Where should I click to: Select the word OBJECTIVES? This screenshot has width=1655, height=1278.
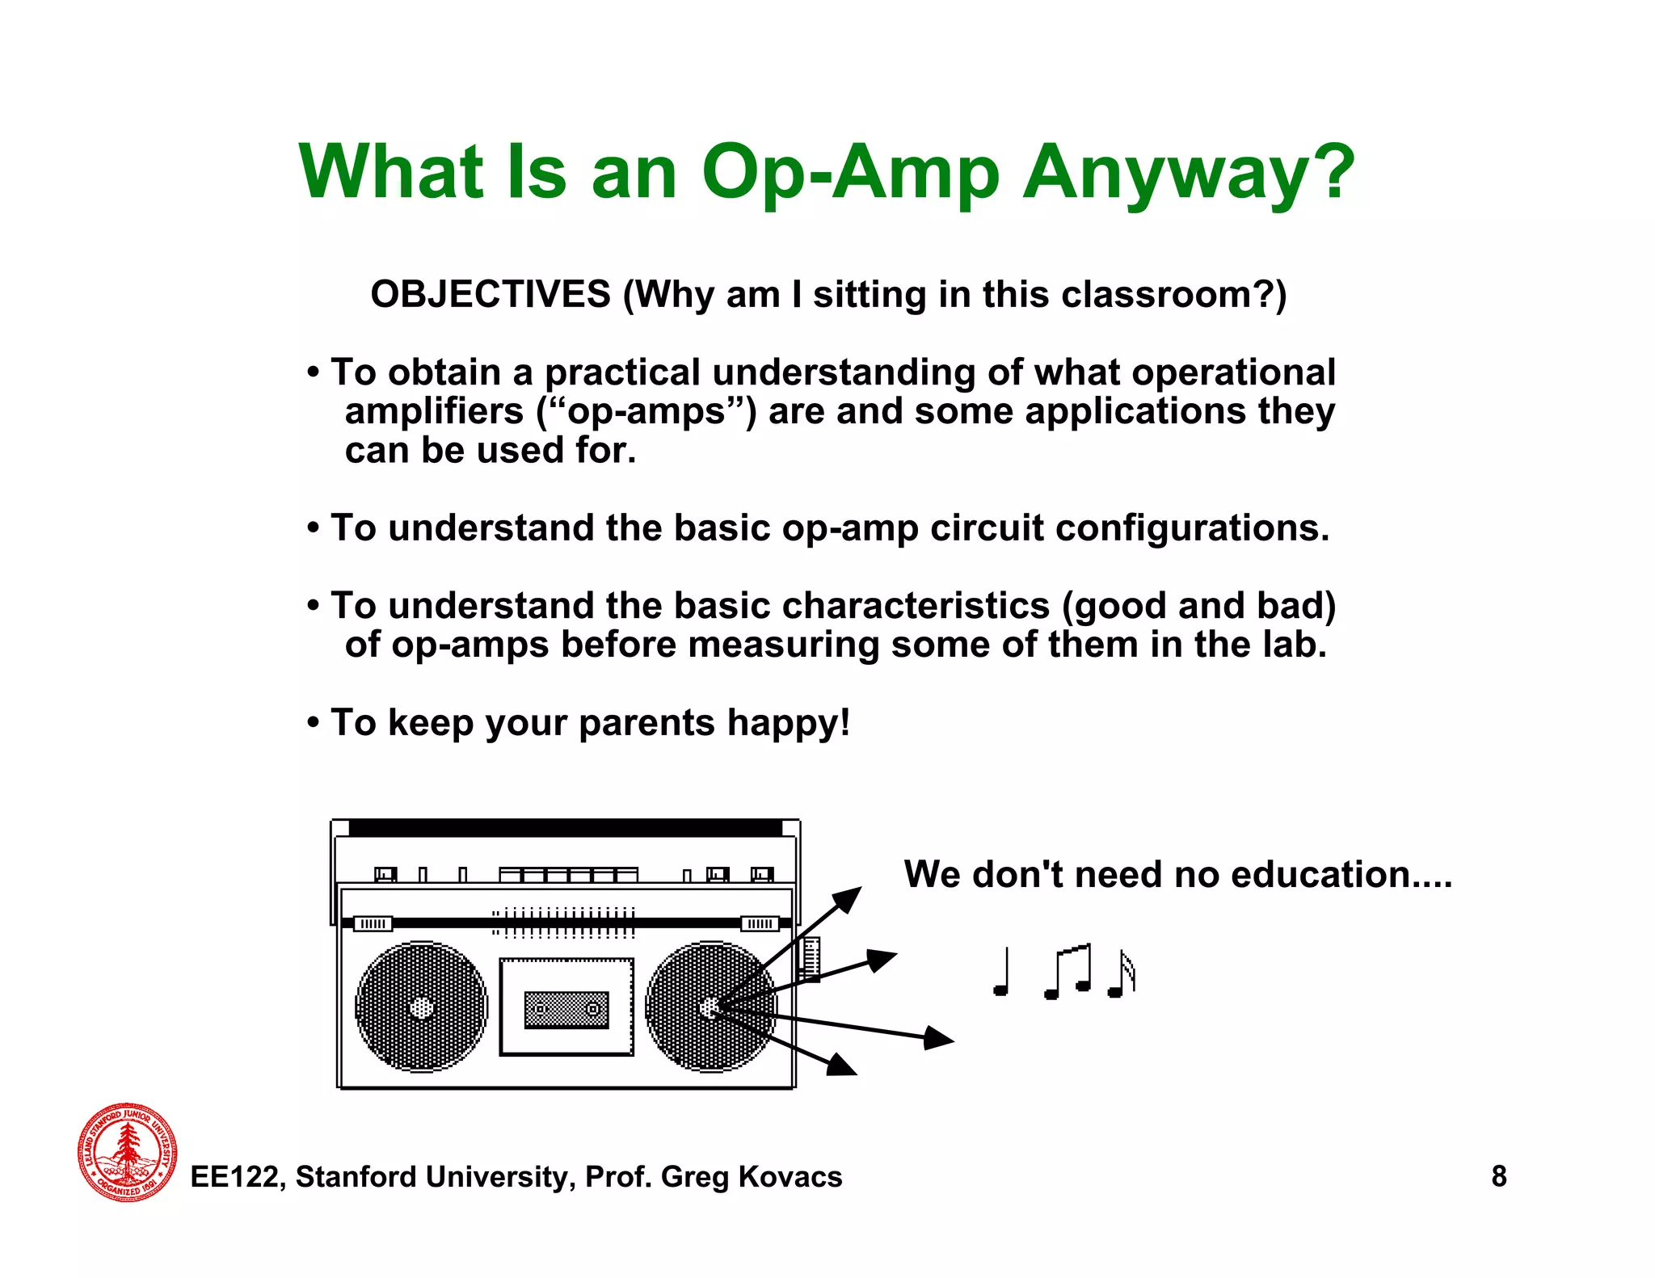tap(491, 294)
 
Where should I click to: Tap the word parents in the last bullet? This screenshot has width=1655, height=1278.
tap(646, 722)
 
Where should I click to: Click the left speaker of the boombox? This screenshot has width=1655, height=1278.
tap(421, 1007)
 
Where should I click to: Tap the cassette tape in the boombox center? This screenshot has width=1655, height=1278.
tap(566, 1010)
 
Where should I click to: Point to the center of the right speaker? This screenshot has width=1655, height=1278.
tap(710, 1007)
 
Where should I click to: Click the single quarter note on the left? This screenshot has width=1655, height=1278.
tap(1002, 973)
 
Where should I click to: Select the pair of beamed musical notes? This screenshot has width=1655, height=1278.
tap(1068, 972)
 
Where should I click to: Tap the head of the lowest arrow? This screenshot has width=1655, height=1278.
tap(843, 1066)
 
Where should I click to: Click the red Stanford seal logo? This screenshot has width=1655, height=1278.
tap(128, 1152)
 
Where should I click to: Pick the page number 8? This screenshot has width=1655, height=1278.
tap(1498, 1176)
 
